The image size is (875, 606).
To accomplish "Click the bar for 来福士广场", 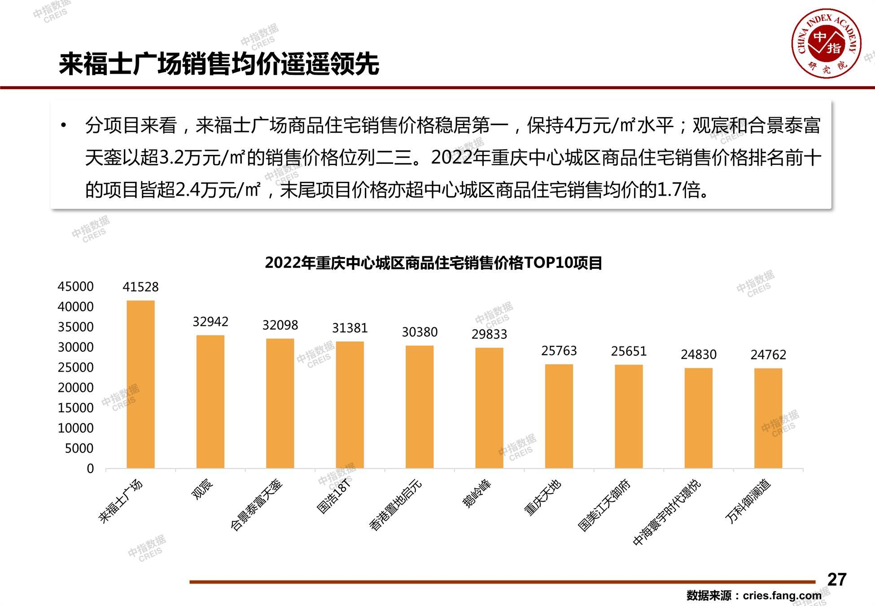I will [140, 384].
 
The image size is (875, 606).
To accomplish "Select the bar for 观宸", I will [210, 402].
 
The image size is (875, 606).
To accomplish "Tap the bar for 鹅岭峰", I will [489, 408].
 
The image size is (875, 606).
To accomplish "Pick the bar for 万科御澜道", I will [768, 418].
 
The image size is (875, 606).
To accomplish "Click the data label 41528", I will [140, 287].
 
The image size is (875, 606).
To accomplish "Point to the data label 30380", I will [420, 332].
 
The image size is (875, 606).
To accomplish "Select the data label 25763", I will [559, 351].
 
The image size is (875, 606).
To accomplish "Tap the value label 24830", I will [699, 355].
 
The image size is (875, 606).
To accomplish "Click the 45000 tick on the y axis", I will [75, 286].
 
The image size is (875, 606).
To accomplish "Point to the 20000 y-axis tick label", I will [75, 387].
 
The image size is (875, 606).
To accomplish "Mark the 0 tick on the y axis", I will [90, 469].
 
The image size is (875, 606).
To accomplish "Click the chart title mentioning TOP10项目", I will [433, 263].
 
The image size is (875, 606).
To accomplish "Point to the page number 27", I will [836, 580].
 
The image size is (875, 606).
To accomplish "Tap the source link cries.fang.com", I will [782, 596].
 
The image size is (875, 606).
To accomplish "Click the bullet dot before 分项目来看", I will [64, 125].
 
